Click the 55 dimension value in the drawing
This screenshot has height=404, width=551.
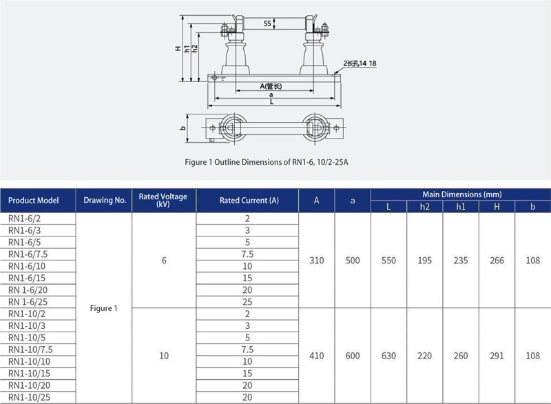point(267,23)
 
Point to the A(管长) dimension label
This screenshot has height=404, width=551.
point(271,86)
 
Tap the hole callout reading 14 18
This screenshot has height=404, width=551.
point(360,63)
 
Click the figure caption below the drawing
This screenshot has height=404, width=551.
point(267,162)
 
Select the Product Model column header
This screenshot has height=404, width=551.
point(33,201)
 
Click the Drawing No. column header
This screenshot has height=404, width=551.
point(105,201)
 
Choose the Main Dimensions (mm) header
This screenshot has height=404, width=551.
point(461,194)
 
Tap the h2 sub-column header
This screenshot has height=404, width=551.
point(424,206)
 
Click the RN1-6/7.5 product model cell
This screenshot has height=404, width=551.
point(28,254)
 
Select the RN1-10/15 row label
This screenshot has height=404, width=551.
point(29,374)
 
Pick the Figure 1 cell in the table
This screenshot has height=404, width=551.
point(104,308)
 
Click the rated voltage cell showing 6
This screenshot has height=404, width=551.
point(164,261)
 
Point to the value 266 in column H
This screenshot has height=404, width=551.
point(497,261)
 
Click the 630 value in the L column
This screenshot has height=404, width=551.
point(388,356)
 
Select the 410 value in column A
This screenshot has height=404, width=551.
point(317,356)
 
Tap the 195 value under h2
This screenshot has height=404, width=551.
point(424,261)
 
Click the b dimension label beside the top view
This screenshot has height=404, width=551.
point(183,128)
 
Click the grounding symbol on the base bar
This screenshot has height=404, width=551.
point(222,79)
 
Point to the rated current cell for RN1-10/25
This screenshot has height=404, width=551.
point(247,397)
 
